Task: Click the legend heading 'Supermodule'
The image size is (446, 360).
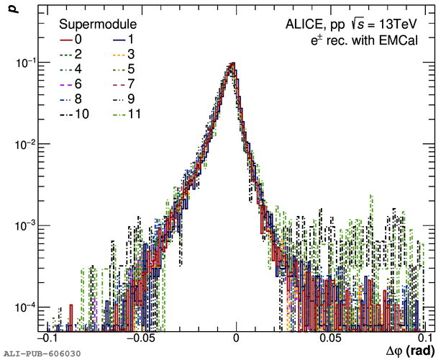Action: point(99,24)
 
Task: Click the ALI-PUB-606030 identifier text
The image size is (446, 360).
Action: point(42,354)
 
